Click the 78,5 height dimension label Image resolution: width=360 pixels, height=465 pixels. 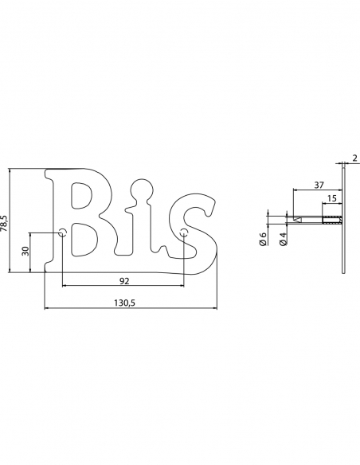(x=5, y=221)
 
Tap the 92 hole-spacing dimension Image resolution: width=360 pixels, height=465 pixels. (x=123, y=280)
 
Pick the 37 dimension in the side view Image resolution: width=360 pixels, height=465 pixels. (x=319, y=185)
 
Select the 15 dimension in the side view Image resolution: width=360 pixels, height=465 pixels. (x=331, y=197)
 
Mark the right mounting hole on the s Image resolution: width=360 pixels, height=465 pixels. (x=184, y=233)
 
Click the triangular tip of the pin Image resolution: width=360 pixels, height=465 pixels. (x=296, y=219)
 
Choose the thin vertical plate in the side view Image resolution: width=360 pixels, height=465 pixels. (x=343, y=219)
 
